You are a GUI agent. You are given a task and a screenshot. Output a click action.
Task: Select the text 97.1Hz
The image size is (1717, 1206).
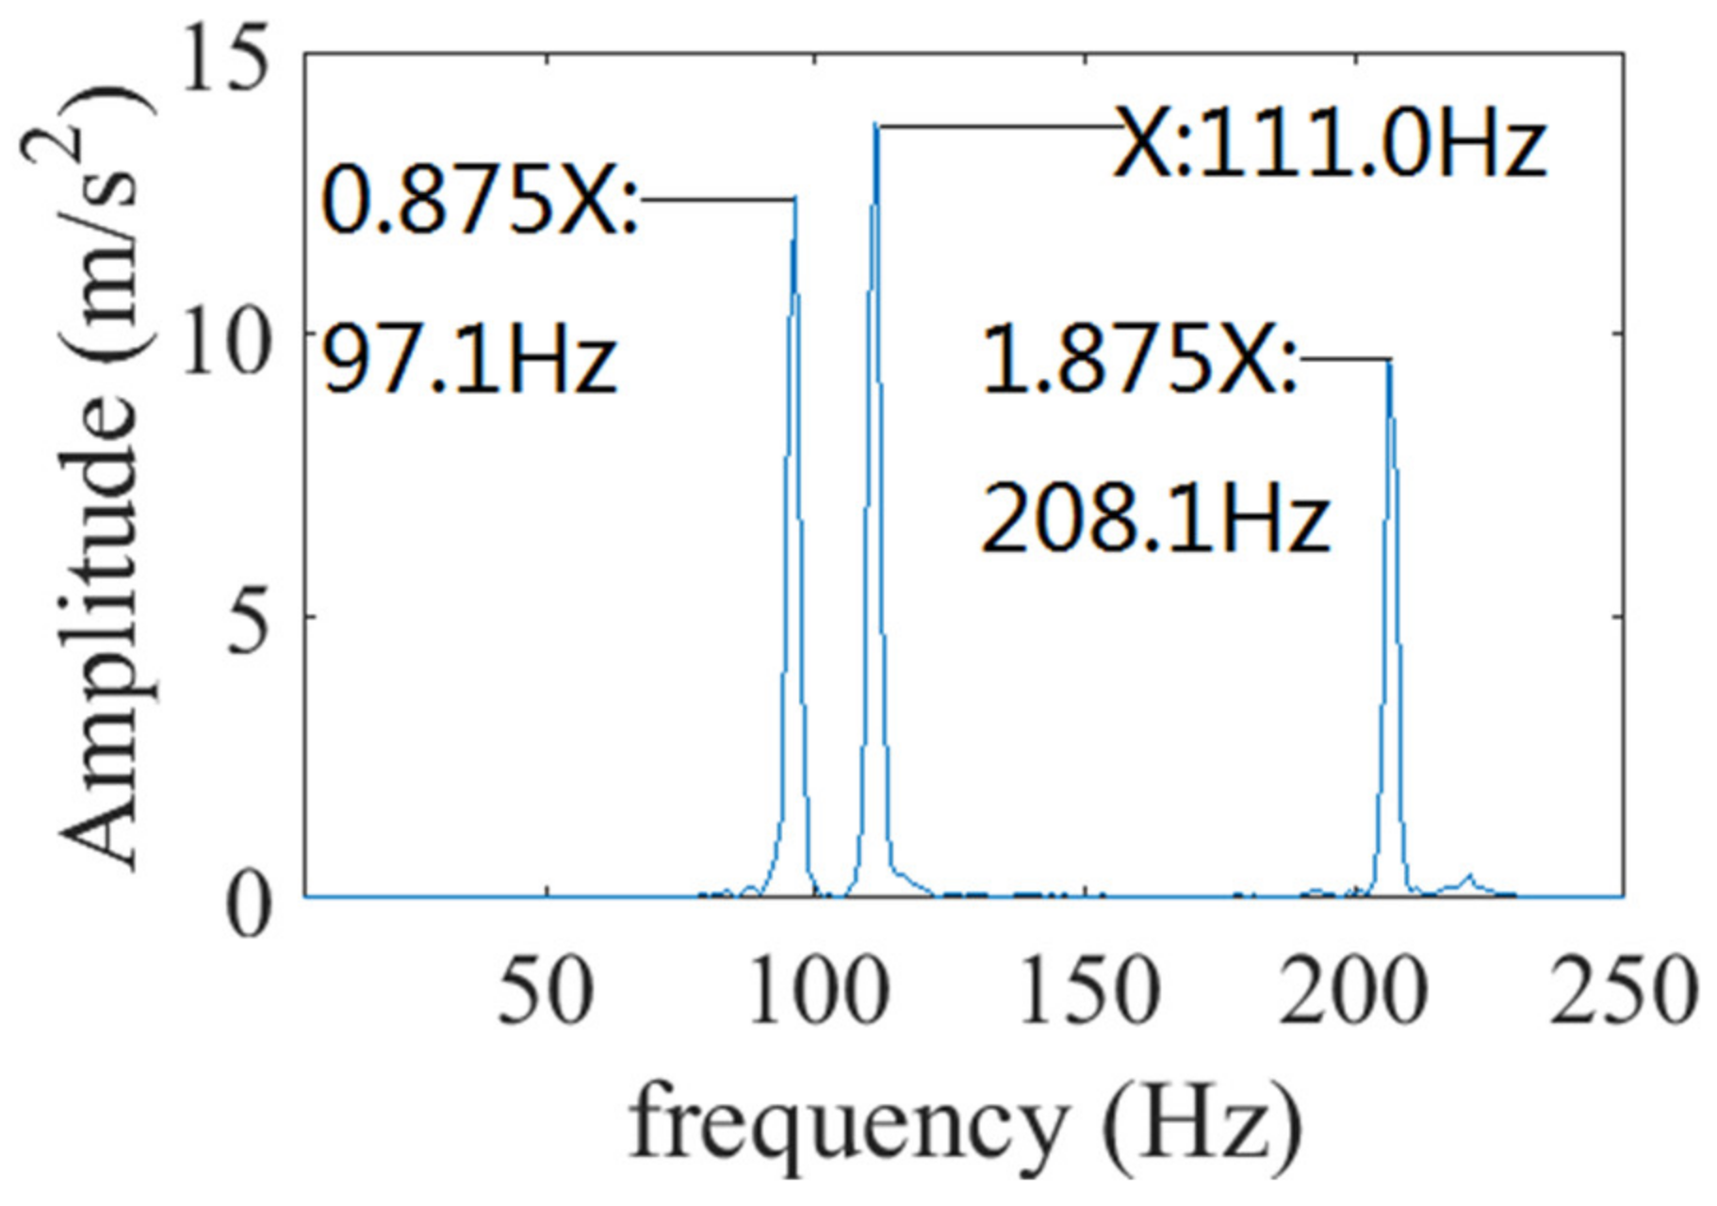pos(468,361)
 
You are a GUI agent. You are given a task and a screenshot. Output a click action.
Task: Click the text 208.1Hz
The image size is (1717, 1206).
pos(1154,519)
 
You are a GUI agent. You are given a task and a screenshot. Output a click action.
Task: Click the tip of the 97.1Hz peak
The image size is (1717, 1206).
pos(794,199)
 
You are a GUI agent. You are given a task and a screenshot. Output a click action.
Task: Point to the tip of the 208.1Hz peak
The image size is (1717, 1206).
pos(1388,362)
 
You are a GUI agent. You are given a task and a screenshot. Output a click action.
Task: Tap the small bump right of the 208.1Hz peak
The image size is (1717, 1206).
pos(1467,878)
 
